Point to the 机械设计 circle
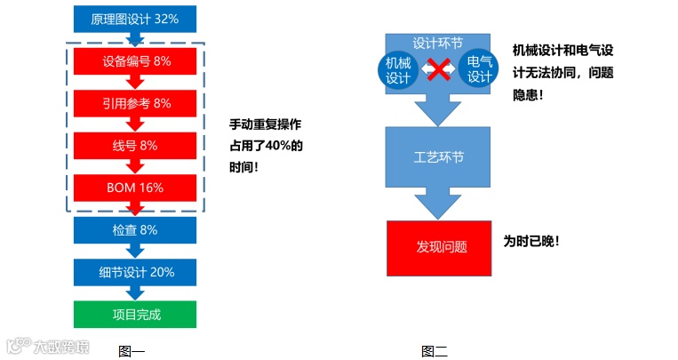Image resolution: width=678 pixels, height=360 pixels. tap(398, 69)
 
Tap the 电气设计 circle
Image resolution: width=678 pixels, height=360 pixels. tap(479, 69)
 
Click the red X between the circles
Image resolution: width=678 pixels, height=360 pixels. tap(438, 69)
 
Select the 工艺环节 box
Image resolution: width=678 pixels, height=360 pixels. tap(438, 157)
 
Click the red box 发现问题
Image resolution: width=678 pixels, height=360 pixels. tap(438, 246)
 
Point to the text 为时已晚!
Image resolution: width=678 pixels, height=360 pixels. tap(531, 242)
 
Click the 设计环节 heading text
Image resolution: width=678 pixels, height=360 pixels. tap(438, 42)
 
